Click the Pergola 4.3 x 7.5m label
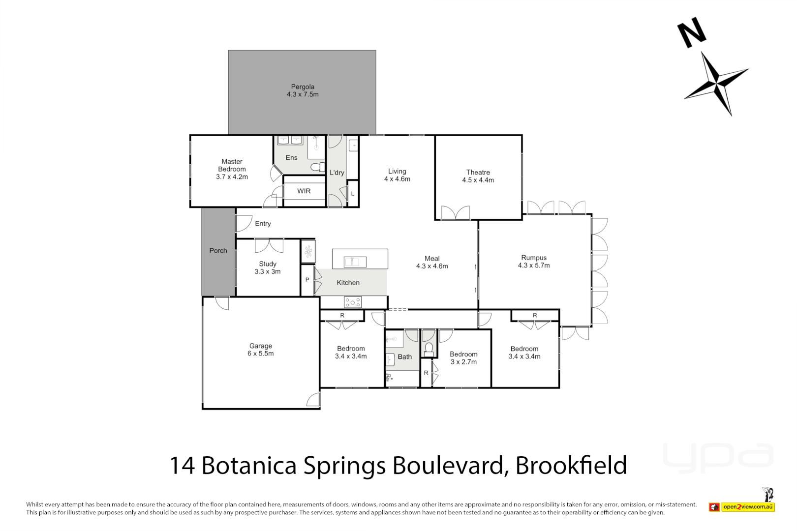click(303, 90)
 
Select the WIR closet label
click(304, 191)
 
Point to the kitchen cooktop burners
click(353, 302)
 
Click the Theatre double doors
click(456, 212)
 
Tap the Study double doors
click(269, 245)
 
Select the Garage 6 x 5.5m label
click(260, 350)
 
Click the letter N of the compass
click(692, 32)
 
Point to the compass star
click(716, 82)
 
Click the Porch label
click(218, 251)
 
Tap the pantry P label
click(307, 280)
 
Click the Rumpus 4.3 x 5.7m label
click(534, 261)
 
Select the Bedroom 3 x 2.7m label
click(463, 358)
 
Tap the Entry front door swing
click(244, 223)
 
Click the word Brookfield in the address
click(571, 465)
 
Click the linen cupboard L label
click(353, 194)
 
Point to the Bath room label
click(404, 357)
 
